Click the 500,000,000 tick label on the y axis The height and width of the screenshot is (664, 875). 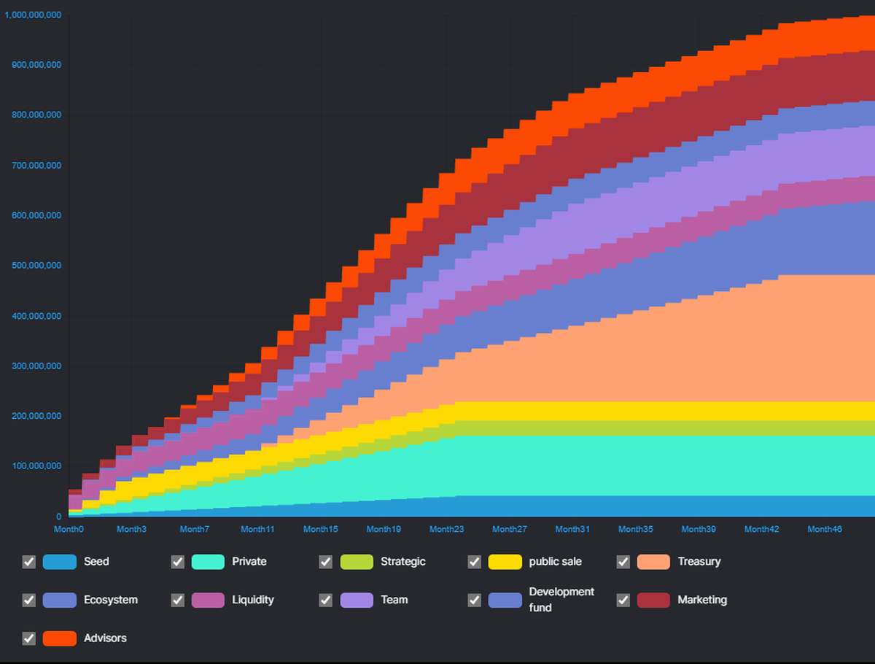pos(36,266)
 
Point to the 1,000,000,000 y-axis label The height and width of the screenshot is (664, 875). pos(34,15)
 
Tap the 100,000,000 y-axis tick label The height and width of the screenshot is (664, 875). pos(36,466)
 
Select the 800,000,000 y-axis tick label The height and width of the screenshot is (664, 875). pos(36,115)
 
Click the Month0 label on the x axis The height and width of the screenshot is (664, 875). pos(69,529)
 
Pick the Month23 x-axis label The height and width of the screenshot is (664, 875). pos(446,529)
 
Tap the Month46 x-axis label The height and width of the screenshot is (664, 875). pos(824,529)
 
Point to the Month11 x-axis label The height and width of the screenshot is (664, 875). pos(257,529)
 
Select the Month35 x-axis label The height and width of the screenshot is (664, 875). pos(635,529)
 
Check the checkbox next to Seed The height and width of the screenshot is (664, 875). pos(29,562)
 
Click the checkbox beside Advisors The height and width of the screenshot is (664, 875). pos(29,638)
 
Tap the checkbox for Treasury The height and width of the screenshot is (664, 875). pos(623,562)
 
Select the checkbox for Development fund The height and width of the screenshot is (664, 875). pos(475,600)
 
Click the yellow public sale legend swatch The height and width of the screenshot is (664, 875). pos(505,562)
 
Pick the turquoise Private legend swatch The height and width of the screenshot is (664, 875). pos(208,562)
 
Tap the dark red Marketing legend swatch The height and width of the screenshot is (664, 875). pos(653,600)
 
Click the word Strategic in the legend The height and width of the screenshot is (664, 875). pos(402,562)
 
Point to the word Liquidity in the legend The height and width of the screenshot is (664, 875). pos(253,600)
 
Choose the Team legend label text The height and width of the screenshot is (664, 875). pos(394,600)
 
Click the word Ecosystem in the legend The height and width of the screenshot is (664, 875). pos(110,600)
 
